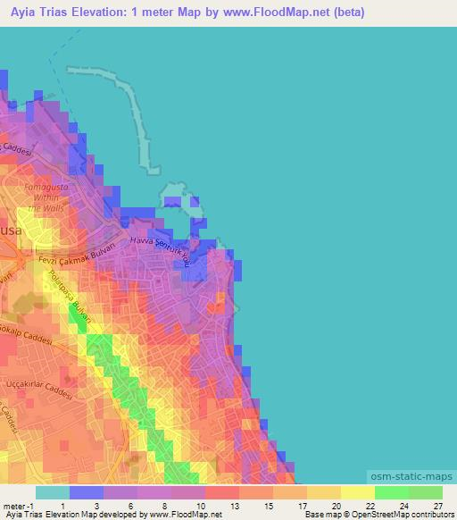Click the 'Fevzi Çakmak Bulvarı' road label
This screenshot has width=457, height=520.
[62, 259]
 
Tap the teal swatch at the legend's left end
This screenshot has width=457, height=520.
[52, 491]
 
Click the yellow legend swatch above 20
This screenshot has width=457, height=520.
[323, 491]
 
